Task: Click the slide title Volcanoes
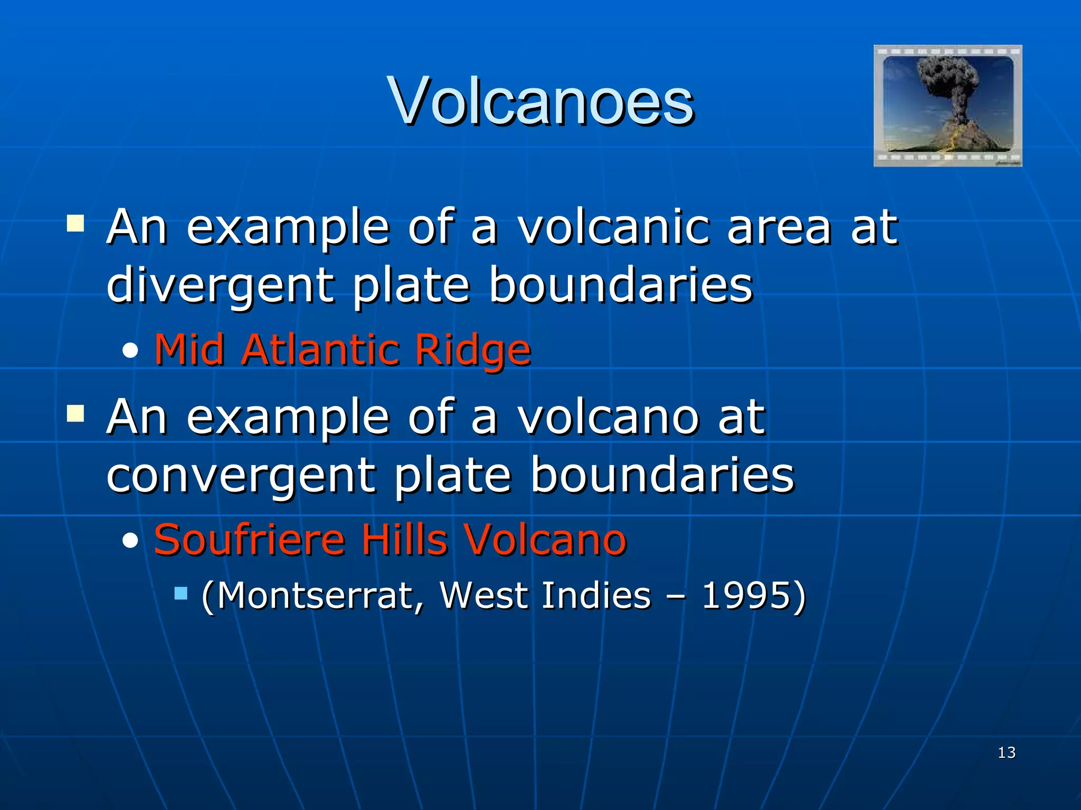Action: pos(540,101)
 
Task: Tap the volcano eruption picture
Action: pos(947,105)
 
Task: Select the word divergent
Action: pos(220,285)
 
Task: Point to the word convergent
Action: pos(241,475)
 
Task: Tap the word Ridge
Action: pos(472,351)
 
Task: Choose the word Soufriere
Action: pos(249,539)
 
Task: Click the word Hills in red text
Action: pos(404,539)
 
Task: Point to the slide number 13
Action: pos(1007,753)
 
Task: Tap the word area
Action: pos(779,228)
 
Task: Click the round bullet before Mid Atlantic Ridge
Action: pos(130,351)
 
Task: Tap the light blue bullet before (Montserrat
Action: pos(181,594)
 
